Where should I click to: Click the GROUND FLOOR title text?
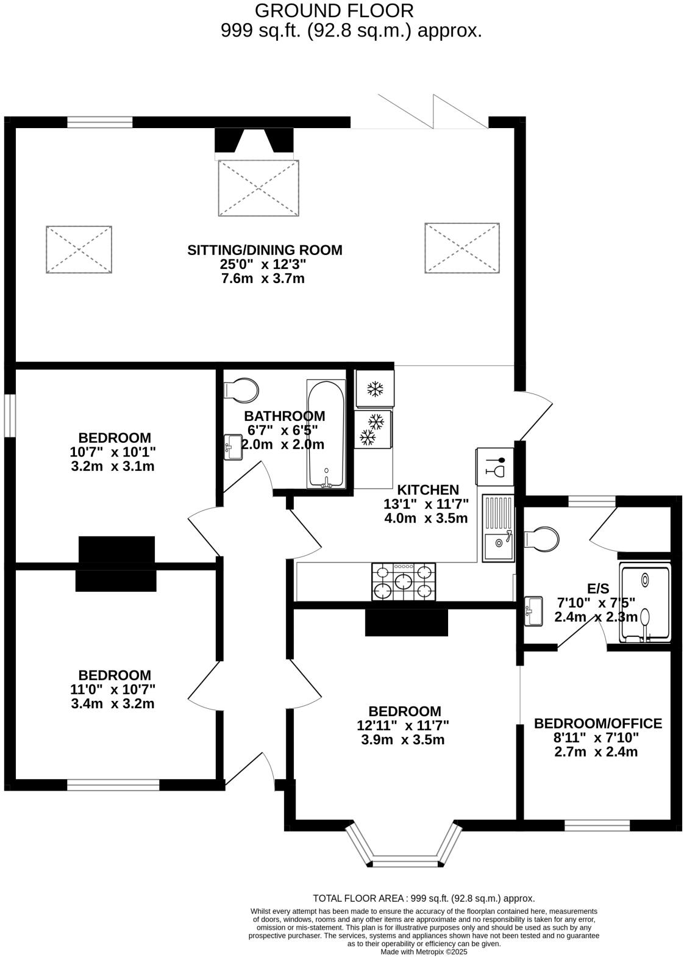pos(333,10)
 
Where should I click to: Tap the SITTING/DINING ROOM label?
pos(264,250)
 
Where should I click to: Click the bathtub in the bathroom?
pos(326,433)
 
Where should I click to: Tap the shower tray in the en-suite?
pos(644,602)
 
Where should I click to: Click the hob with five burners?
pos(403,581)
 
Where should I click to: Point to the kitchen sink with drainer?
pos(498,528)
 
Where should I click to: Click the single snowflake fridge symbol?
pos(374,388)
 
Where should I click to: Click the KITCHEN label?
pos(427,490)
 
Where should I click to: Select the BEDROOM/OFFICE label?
pos(597,724)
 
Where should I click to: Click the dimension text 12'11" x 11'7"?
pos(402,725)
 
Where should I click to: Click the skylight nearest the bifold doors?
pos(463,248)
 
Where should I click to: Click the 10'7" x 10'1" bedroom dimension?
pos(113,452)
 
